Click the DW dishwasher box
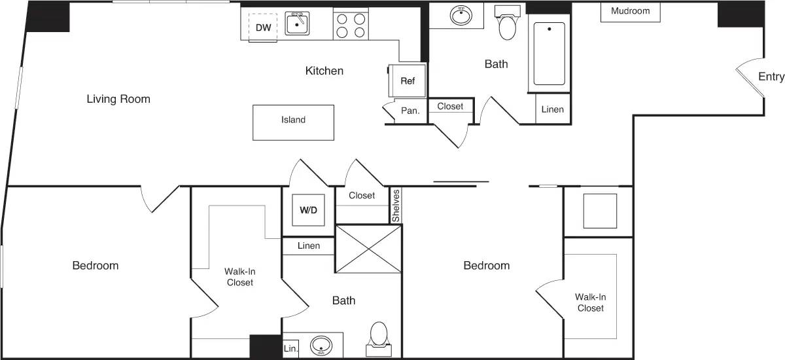(x=263, y=27)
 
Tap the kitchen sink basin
(x=297, y=24)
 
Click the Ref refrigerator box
(x=408, y=81)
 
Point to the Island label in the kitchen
(x=293, y=120)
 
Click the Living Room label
(x=118, y=99)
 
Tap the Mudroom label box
(x=630, y=11)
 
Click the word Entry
(x=771, y=77)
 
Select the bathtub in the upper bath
(x=549, y=54)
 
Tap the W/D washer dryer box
(x=308, y=210)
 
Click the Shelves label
(x=395, y=206)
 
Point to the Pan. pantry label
(x=410, y=111)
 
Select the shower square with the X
(x=367, y=249)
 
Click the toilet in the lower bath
(x=379, y=334)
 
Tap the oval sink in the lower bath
(x=321, y=344)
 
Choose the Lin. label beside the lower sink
(x=290, y=348)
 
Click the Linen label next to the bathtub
(x=552, y=109)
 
